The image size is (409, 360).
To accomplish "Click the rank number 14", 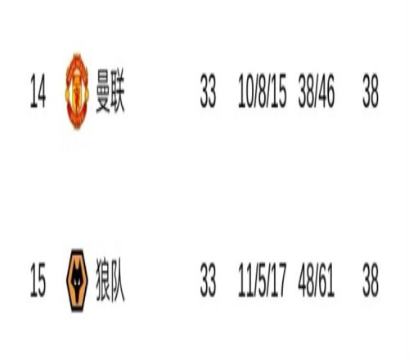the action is point(38,91).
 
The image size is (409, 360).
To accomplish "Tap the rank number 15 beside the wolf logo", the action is point(38,280).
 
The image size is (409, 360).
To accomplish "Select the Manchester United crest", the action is point(77,91).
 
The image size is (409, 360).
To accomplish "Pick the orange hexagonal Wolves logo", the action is point(77,281).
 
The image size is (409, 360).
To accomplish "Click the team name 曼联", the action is point(110,91).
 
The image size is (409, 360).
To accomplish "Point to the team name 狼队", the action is point(110,280).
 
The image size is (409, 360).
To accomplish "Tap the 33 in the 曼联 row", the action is point(208,91).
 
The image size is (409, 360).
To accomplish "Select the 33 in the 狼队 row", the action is point(208,280).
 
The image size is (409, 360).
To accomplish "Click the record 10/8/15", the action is point(263,91).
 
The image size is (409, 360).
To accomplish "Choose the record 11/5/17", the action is point(263,280).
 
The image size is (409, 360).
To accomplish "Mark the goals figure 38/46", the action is point(317,91).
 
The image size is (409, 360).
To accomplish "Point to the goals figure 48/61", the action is point(317,280).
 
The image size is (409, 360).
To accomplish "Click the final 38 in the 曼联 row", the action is point(371,91).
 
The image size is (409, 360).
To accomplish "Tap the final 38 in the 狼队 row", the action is point(371,280).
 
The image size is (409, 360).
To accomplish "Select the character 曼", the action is point(103,91).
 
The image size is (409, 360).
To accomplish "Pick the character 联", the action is point(118,91).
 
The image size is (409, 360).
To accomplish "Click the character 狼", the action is point(103,280).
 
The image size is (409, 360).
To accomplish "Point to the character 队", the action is point(118,280).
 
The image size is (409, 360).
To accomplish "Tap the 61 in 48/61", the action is point(326,280).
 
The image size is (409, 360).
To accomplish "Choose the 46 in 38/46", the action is point(326,91).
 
